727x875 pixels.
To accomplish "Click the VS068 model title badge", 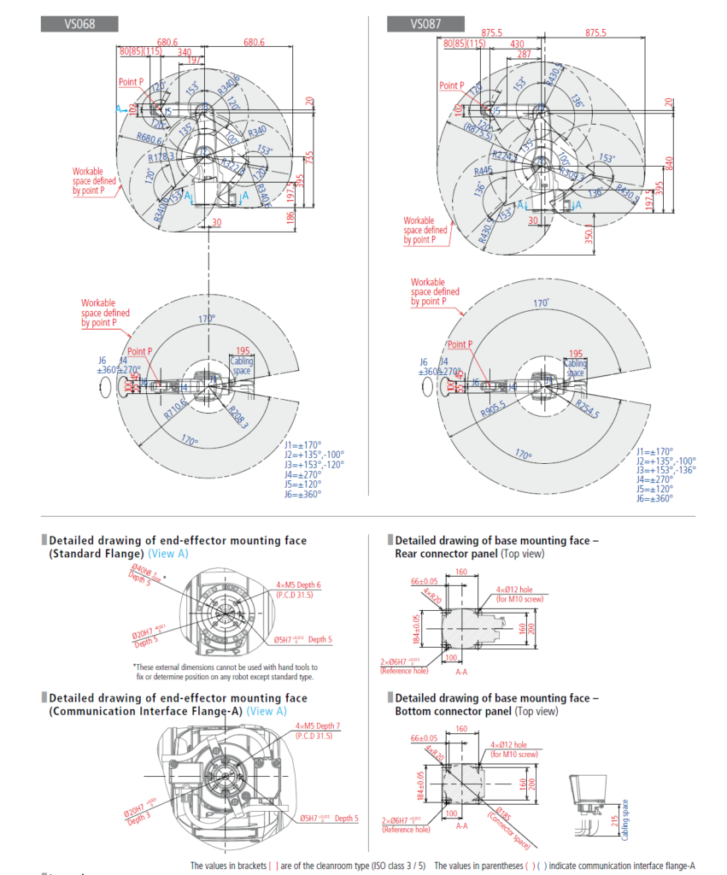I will coord(79,24).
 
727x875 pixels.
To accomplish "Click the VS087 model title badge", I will coord(425,24).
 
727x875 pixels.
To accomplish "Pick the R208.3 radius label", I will coord(238,416).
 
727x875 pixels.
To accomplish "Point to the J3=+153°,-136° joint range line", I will coord(665,469).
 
